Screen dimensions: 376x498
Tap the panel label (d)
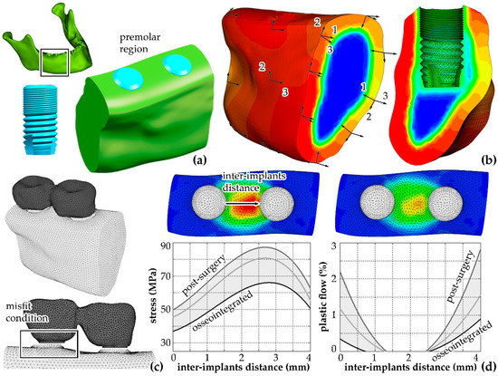click(484, 365)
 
